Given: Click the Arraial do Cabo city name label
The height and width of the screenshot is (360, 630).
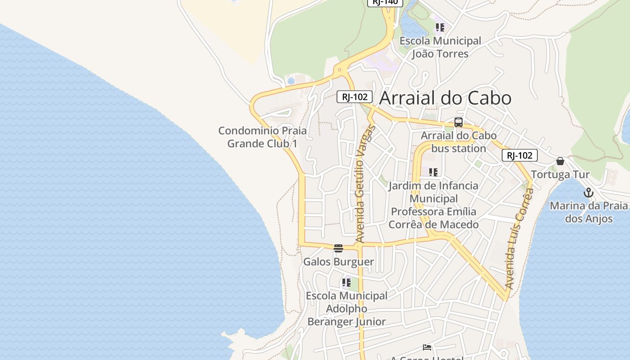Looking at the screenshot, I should [445, 98].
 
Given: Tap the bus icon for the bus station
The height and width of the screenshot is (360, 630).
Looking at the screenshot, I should [458, 122].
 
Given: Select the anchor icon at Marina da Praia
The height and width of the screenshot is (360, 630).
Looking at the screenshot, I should [588, 193].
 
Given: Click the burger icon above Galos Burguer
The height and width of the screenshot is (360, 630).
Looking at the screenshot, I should [338, 248].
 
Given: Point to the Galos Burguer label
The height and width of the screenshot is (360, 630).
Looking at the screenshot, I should [338, 261].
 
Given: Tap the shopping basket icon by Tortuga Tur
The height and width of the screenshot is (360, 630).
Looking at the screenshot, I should [560, 161].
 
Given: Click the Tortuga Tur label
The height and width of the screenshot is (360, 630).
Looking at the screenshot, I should [560, 175].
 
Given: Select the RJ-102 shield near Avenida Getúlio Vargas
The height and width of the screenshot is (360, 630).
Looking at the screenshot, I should [355, 96].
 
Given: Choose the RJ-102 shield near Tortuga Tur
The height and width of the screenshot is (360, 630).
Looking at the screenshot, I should [519, 155].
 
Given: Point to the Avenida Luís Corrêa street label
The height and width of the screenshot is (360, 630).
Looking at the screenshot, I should [519, 238].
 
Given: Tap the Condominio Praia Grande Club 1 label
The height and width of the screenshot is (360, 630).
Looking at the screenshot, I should [262, 137].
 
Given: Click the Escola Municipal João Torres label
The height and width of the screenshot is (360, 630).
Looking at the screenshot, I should [440, 47].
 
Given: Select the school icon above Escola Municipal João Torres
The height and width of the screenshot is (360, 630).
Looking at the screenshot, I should [440, 27].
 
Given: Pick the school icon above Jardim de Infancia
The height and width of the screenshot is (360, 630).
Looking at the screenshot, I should [433, 172].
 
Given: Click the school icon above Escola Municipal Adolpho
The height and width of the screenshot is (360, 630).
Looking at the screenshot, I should [346, 283].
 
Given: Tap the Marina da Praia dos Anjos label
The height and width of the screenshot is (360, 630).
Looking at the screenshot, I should [589, 212].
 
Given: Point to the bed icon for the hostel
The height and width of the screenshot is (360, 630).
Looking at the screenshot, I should [427, 347].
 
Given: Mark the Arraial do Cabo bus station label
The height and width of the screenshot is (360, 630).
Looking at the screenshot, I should [459, 142].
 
